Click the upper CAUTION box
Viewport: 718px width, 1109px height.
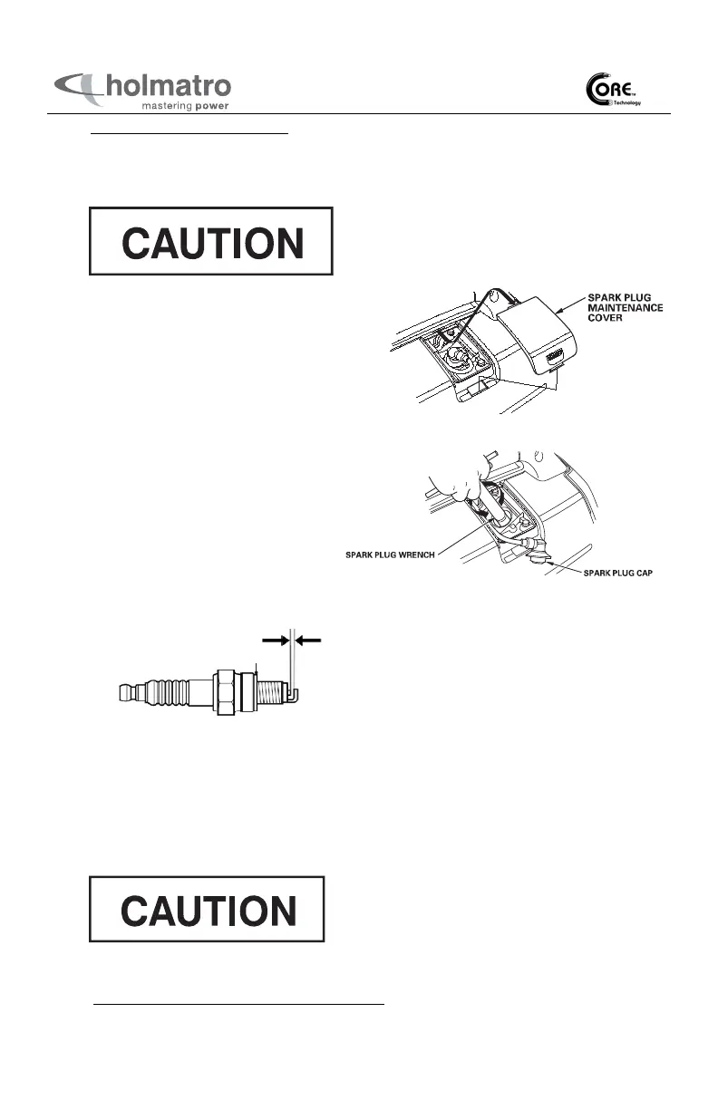pos(210,241)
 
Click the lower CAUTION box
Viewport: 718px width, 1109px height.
pos(207,909)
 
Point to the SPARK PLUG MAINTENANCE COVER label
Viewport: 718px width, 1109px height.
pos(626,309)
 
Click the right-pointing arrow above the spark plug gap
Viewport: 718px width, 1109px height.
pos(274,640)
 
